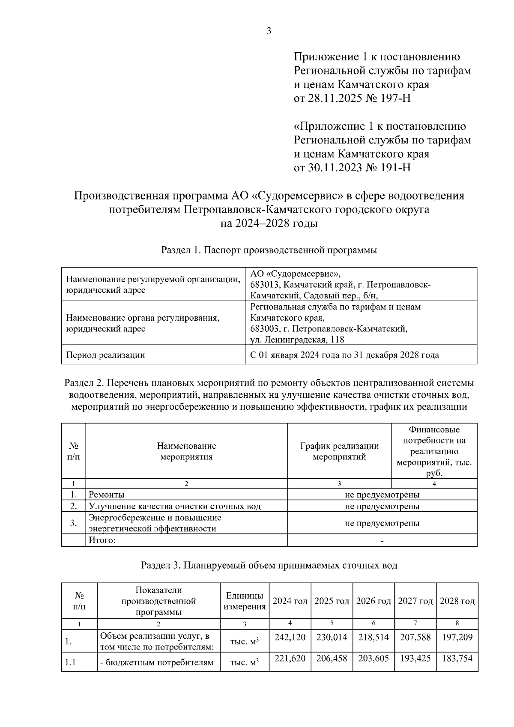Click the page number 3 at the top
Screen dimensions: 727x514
tap(269, 31)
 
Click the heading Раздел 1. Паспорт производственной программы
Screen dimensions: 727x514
tap(269, 250)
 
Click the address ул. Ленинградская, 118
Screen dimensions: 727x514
tap(297, 340)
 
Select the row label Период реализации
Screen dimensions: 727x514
tap(105, 355)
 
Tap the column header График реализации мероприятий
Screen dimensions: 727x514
tap(339, 451)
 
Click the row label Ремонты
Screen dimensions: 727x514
tap(107, 495)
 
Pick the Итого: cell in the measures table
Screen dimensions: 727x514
tap(102, 540)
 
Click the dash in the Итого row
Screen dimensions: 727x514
tap(382, 541)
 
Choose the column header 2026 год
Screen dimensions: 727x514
tap(374, 601)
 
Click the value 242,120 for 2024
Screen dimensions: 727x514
tap(290, 637)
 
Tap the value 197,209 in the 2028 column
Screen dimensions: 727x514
tap(457, 637)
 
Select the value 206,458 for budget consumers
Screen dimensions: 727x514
tap(332, 658)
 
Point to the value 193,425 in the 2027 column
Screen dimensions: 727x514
tap(415, 658)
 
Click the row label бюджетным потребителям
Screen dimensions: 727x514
tap(157, 663)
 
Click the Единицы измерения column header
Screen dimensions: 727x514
tap(245, 601)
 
